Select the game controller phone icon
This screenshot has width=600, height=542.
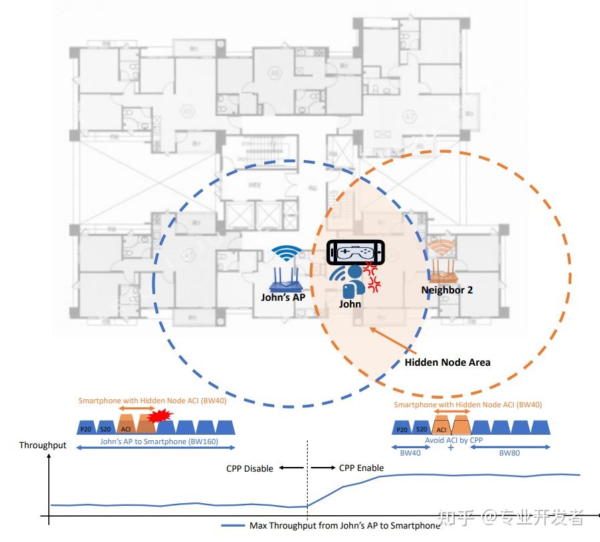click(357, 253)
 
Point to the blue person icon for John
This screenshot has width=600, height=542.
click(348, 282)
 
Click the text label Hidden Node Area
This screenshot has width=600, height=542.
click(447, 362)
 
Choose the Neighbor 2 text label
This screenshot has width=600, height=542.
click(447, 290)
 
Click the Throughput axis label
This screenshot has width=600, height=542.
click(43, 446)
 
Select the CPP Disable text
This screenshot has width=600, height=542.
click(249, 468)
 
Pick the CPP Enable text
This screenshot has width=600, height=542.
click(361, 468)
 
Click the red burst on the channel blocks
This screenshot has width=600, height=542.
click(160, 417)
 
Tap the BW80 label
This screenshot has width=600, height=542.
click(510, 453)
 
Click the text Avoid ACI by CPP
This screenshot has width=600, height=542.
click(454, 440)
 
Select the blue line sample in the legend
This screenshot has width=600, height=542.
click(233, 526)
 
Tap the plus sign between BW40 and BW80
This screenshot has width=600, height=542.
click(449, 448)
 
